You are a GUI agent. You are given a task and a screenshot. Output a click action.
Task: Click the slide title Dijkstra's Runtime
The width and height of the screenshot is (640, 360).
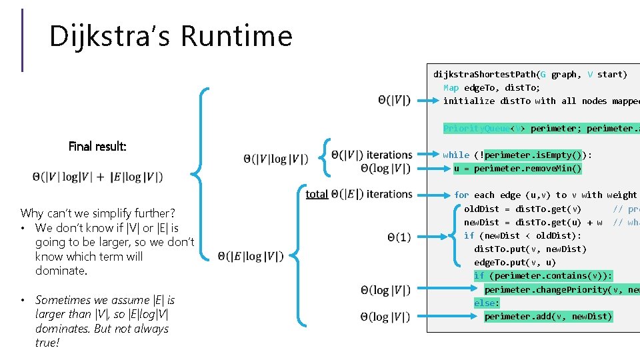pos(171,36)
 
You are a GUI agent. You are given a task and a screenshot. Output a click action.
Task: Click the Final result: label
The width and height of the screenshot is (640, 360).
pos(97,146)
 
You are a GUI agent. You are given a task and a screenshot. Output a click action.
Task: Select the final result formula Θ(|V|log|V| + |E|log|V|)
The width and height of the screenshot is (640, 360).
pos(97,177)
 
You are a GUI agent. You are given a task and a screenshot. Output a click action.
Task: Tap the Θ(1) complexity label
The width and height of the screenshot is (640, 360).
pos(399,237)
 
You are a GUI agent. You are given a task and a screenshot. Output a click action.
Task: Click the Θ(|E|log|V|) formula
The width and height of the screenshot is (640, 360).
pos(251,257)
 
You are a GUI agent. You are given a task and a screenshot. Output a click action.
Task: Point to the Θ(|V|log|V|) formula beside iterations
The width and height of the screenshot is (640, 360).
pos(276,159)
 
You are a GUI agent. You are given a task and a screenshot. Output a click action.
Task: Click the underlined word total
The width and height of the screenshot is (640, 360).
pos(316,194)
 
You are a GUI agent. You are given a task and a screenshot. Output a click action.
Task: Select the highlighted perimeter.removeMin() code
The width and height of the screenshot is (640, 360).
pos(517,169)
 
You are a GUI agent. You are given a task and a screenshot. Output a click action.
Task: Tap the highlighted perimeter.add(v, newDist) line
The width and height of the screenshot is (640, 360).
pos(548,317)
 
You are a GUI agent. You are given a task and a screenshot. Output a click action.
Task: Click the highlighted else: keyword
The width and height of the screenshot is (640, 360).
pos(487,303)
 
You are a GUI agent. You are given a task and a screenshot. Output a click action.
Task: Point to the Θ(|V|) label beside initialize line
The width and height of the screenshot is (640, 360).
pos(393,101)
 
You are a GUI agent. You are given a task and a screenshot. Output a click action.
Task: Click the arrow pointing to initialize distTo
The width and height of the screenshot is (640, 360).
pos(426,101)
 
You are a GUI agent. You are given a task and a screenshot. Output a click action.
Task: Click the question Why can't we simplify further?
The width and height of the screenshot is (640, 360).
pos(97,213)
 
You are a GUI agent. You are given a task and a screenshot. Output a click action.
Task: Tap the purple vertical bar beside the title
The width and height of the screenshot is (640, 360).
pos(23,40)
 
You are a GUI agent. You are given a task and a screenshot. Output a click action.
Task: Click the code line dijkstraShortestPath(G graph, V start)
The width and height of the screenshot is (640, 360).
pos(530,74)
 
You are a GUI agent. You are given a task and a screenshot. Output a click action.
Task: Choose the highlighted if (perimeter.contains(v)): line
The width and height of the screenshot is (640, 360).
pos(543,276)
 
